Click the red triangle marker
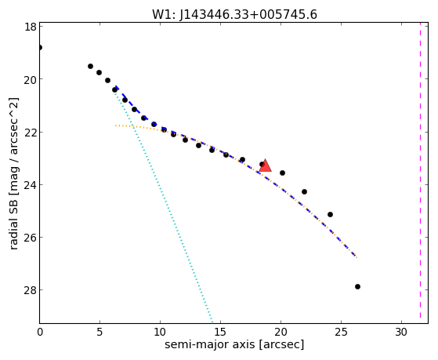pos(265,165)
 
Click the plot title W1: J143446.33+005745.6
pos(234,15)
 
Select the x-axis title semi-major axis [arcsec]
pos(234,344)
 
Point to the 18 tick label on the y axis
pos(31,27)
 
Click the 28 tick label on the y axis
pos(30,290)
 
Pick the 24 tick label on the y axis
pos(30,185)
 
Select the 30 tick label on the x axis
pos(401,332)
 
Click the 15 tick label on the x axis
pos(220,332)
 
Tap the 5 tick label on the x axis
pos(100,332)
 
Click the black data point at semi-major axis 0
pos(40,47)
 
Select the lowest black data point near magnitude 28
pos(357,287)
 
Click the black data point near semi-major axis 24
pos(330,215)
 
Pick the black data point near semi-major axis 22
pos(305,192)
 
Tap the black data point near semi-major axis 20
pos(282,173)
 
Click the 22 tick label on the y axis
pos(30,132)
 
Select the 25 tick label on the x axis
pos(341,332)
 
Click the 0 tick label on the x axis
pos(40,332)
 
